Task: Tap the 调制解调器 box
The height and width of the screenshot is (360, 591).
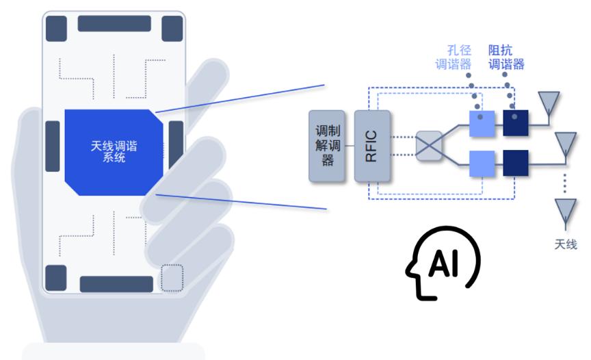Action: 328,146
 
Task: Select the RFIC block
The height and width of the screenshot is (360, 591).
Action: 371,146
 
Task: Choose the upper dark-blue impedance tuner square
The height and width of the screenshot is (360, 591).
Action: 515,123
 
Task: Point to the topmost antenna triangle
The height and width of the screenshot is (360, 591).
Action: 547,103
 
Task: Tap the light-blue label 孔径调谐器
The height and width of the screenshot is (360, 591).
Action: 455,58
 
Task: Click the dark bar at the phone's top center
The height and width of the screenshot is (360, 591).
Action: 114,23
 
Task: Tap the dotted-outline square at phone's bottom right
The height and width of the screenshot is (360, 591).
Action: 172,277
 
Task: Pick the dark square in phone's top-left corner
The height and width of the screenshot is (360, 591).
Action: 56,28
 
